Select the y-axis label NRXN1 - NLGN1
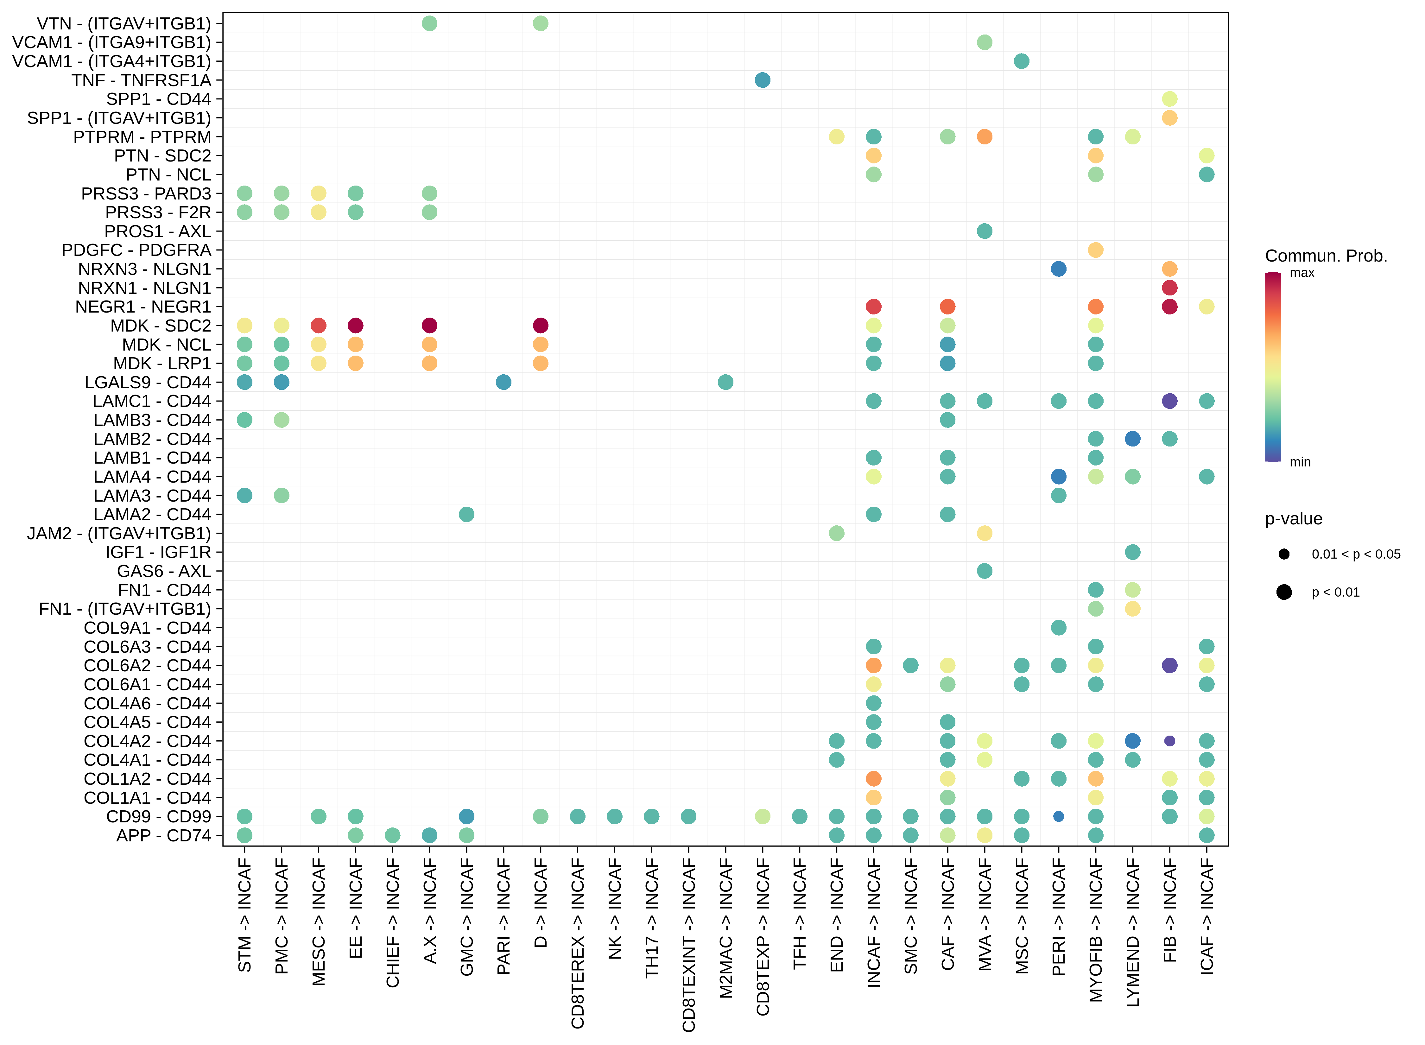[144, 288]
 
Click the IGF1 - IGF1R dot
[1132, 552]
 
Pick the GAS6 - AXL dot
[984, 571]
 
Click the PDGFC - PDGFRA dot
[1095, 250]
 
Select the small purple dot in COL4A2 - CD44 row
[1169, 741]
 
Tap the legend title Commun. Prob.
[1326, 256]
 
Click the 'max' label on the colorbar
[1302, 273]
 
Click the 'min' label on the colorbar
[1300, 462]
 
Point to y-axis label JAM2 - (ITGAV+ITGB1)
[119, 533]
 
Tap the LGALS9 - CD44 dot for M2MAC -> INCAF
[725, 382]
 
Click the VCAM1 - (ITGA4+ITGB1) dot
[1021, 61]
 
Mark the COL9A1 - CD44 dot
[1058, 628]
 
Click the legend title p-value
[1294, 519]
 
